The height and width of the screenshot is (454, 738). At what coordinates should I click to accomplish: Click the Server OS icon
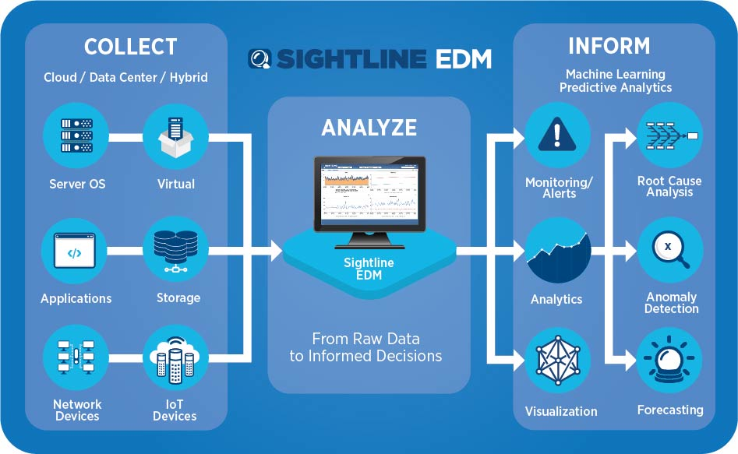point(76,137)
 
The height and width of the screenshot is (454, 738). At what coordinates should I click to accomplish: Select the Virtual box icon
point(175,137)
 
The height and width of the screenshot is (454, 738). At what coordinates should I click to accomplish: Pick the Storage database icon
point(175,250)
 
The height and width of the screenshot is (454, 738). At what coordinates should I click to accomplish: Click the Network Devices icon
point(76,358)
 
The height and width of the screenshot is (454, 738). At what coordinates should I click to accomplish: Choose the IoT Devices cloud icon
point(175,358)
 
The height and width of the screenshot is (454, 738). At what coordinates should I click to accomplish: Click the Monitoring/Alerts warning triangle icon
point(556,135)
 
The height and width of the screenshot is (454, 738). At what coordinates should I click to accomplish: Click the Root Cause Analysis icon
point(670,135)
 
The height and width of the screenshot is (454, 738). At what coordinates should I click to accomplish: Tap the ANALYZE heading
point(369,127)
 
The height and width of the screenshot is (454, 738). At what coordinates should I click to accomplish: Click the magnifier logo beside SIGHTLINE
point(260,59)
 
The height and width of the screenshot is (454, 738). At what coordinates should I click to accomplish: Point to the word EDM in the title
point(463,59)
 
